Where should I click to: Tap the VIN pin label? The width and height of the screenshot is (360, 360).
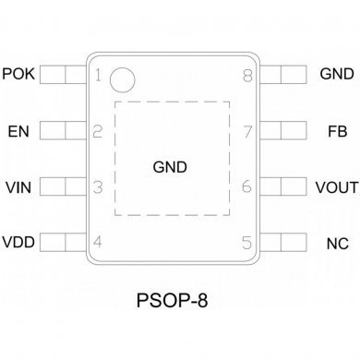[x=18, y=187]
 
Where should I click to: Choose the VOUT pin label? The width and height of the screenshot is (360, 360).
[x=336, y=187]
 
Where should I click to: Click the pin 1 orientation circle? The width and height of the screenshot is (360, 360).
[x=121, y=81]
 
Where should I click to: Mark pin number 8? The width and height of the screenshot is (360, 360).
[x=246, y=75]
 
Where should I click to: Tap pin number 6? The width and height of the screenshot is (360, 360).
[x=246, y=187]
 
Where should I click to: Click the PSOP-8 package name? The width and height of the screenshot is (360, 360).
[x=173, y=301]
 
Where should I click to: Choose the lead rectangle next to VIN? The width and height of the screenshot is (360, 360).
[x=59, y=187]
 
